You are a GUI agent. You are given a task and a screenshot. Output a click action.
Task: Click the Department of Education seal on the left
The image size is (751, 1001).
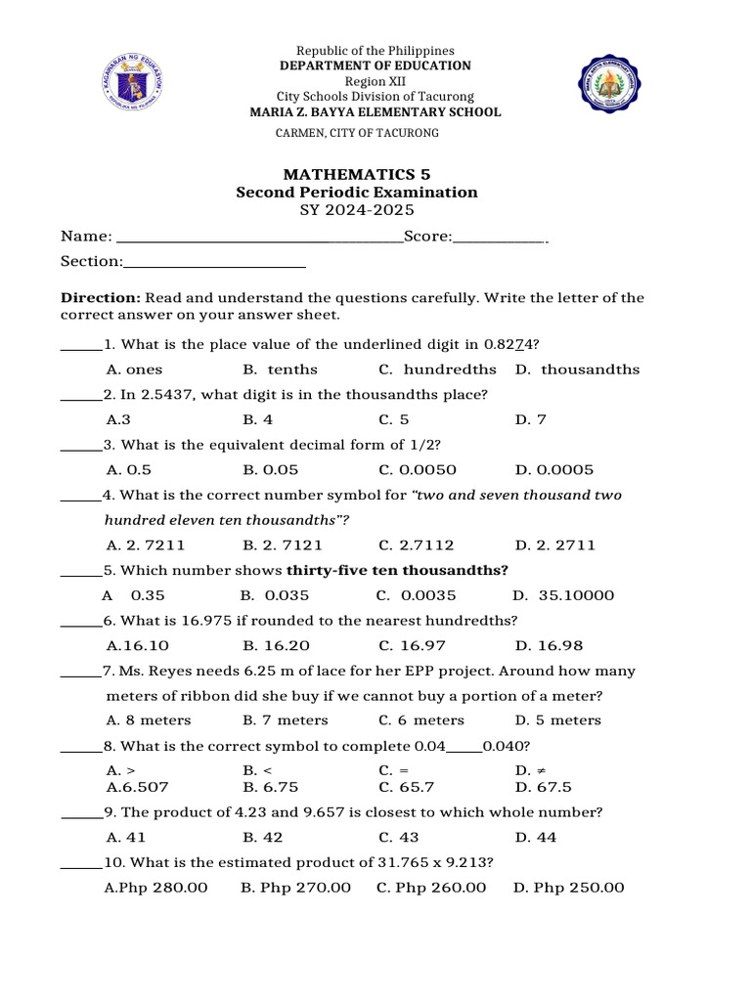132,82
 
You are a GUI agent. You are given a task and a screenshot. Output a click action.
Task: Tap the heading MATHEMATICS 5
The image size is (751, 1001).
357,174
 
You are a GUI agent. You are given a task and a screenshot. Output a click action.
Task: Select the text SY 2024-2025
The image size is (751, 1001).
357,210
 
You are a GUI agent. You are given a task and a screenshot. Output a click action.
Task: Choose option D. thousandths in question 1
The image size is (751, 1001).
577,370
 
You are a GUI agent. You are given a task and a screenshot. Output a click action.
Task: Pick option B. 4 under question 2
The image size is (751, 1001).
258,419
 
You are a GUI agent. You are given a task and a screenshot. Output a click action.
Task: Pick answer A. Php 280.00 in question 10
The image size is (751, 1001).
156,888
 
